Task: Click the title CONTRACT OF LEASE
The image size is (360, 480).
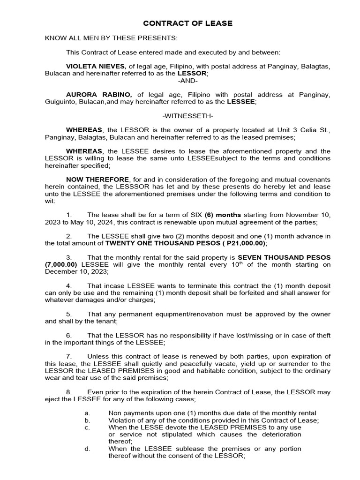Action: [x=187, y=23]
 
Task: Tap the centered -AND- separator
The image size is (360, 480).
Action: [x=187, y=81]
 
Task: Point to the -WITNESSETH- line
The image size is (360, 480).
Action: [x=187, y=115]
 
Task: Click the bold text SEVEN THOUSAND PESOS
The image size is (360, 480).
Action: [x=284, y=257]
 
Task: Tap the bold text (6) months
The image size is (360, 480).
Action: [x=221, y=215]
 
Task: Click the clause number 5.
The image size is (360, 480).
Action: [x=68, y=314]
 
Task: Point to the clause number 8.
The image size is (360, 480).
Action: [x=68, y=391]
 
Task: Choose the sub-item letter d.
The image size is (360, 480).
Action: [x=87, y=449]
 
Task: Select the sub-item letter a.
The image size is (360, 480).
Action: [x=87, y=413]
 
